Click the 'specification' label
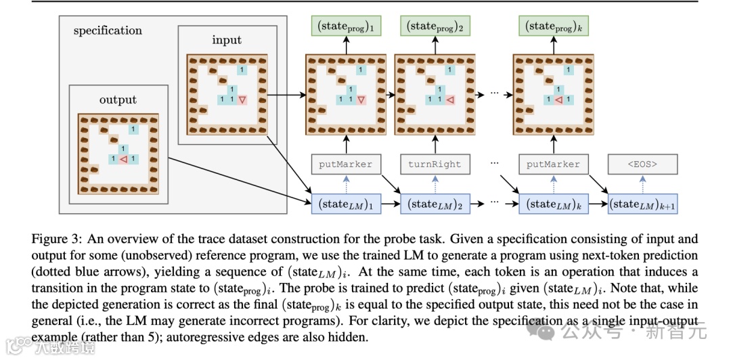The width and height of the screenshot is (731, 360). [108, 30]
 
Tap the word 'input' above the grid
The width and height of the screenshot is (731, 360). [226, 40]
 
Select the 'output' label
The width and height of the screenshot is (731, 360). [118, 99]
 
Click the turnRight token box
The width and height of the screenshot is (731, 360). [435, 164]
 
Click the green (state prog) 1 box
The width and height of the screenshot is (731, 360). [345, 27]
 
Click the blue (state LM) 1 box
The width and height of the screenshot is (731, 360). [345, 204]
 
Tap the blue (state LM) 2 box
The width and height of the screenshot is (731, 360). [435, 204]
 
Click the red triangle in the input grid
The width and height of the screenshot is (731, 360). [242, 99]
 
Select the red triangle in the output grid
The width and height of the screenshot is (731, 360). [123, 160]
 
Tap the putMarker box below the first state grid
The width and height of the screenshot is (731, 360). [346, 164]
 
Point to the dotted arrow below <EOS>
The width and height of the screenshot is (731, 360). [642, 183]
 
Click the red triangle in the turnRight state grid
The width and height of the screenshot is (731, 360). [449, 100]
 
